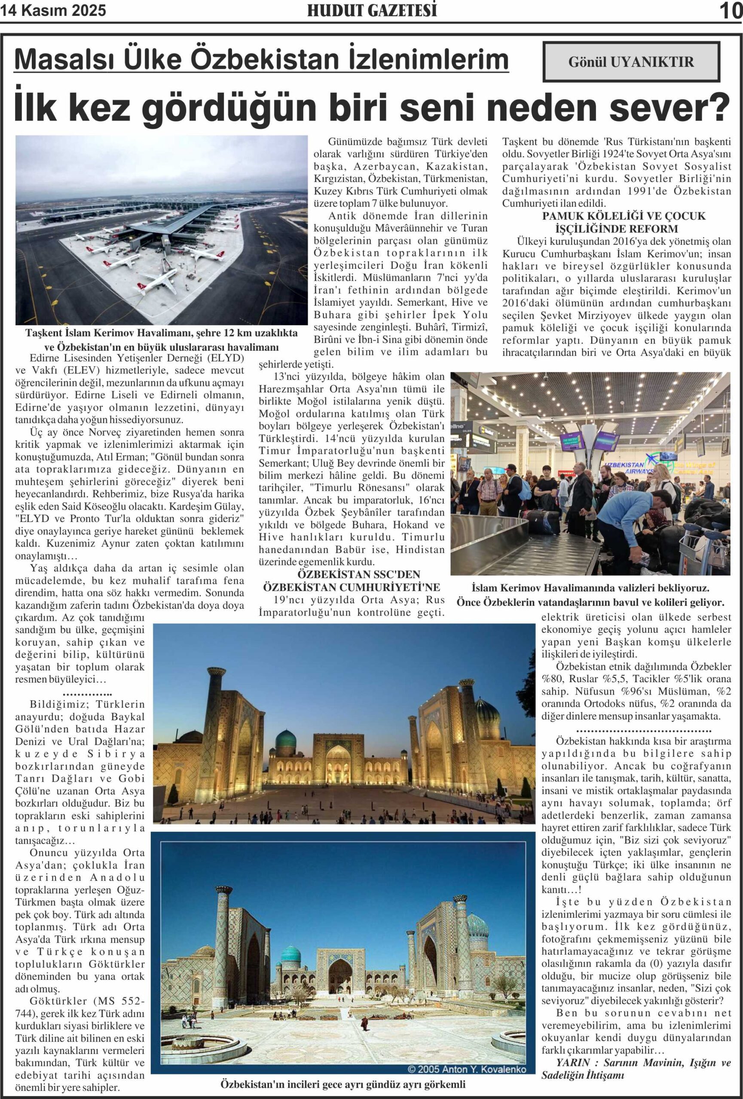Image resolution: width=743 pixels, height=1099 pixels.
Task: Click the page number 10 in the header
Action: click(731, 10)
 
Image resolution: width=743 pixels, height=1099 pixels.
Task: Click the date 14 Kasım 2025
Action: click(53, 10)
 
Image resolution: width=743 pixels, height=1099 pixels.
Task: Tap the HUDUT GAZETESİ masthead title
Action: click(371, 10)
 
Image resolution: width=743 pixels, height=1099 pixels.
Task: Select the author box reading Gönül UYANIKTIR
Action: click(631, 61)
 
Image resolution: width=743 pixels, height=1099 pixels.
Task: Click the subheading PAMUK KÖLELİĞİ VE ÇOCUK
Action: click(623, 216)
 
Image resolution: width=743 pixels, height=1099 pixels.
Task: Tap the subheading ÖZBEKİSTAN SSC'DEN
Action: click(352, 574)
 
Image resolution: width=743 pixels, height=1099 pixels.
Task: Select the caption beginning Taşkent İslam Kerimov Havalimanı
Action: click(162, 333)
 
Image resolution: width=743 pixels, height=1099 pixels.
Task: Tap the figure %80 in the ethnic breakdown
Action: click(550, 679)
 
